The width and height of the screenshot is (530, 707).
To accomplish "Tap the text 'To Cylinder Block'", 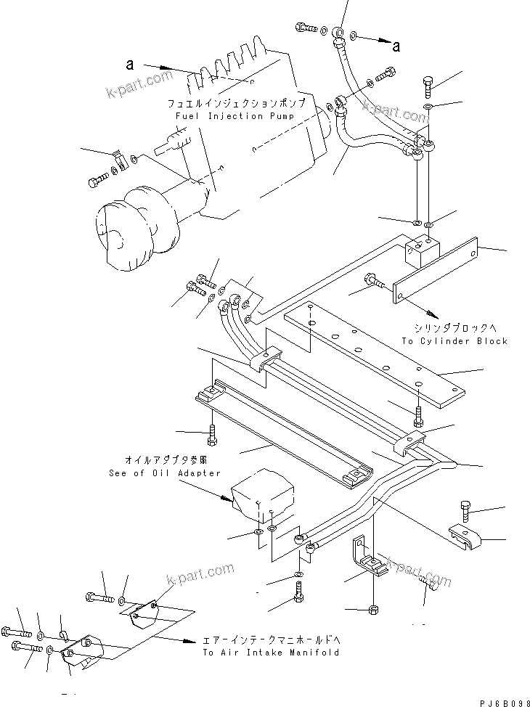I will (x=454, y=341).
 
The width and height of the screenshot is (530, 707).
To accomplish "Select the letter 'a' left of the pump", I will (x=130, y=65).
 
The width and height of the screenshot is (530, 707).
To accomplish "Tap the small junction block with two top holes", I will (x=421, y=250).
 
